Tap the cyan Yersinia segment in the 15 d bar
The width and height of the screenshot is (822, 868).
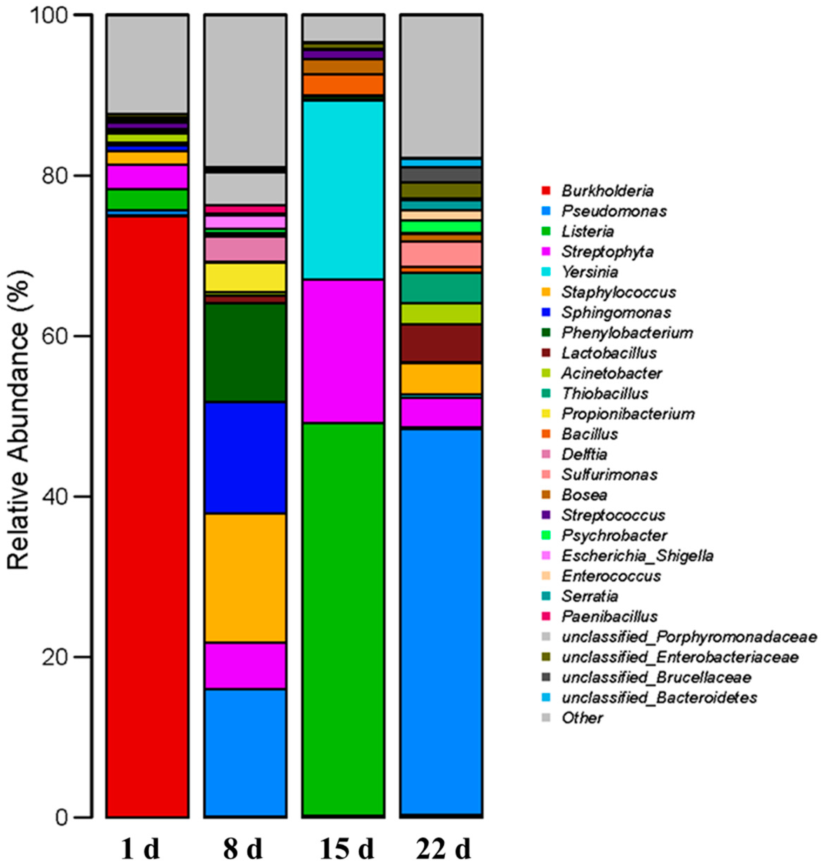point(343,189)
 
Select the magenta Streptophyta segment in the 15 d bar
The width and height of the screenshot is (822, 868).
point(343,351)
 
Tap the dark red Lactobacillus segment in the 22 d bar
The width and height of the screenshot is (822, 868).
point(441,343)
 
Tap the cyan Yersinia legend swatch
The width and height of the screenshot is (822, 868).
point(546,272)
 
